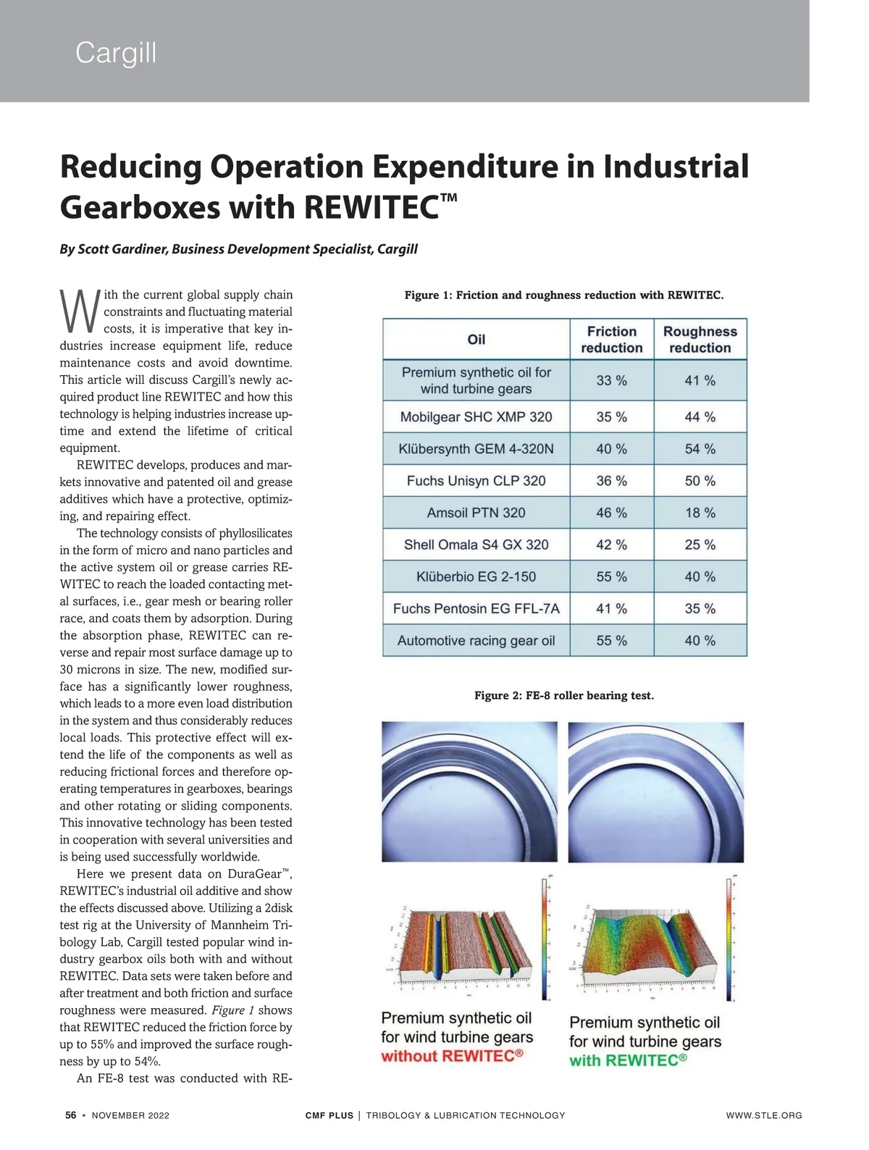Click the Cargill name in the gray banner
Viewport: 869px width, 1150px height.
(x=116, y=53)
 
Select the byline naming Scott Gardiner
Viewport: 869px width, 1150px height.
(x=238, y=249)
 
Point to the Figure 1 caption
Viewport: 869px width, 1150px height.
(x=563, y=295)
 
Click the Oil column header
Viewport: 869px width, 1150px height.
(x=477, y=340)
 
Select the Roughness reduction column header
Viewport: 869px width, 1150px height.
(x=700, y=340)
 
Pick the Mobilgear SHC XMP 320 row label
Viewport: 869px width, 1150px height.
(x=476, y=417)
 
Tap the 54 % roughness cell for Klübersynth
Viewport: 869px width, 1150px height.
(x=700, y=449)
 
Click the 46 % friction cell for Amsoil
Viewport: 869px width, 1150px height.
(x=611, y=513)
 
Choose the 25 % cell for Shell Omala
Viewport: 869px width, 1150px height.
(x=700, y=545)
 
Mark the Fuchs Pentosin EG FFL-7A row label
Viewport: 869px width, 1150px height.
(x=476, y=609)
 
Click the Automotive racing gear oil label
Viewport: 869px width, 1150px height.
(x=476, y=641)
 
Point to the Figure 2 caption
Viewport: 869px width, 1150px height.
(x=563, y=696)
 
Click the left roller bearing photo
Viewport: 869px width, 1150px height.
(x=469, y=792)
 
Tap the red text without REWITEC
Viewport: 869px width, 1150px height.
(x=452, y=1057)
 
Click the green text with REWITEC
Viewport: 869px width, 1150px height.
(x=628, y=1061)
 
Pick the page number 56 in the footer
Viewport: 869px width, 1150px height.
(x=70, y=1115)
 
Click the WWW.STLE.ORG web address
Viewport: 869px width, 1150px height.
(x=763, y=1115)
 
